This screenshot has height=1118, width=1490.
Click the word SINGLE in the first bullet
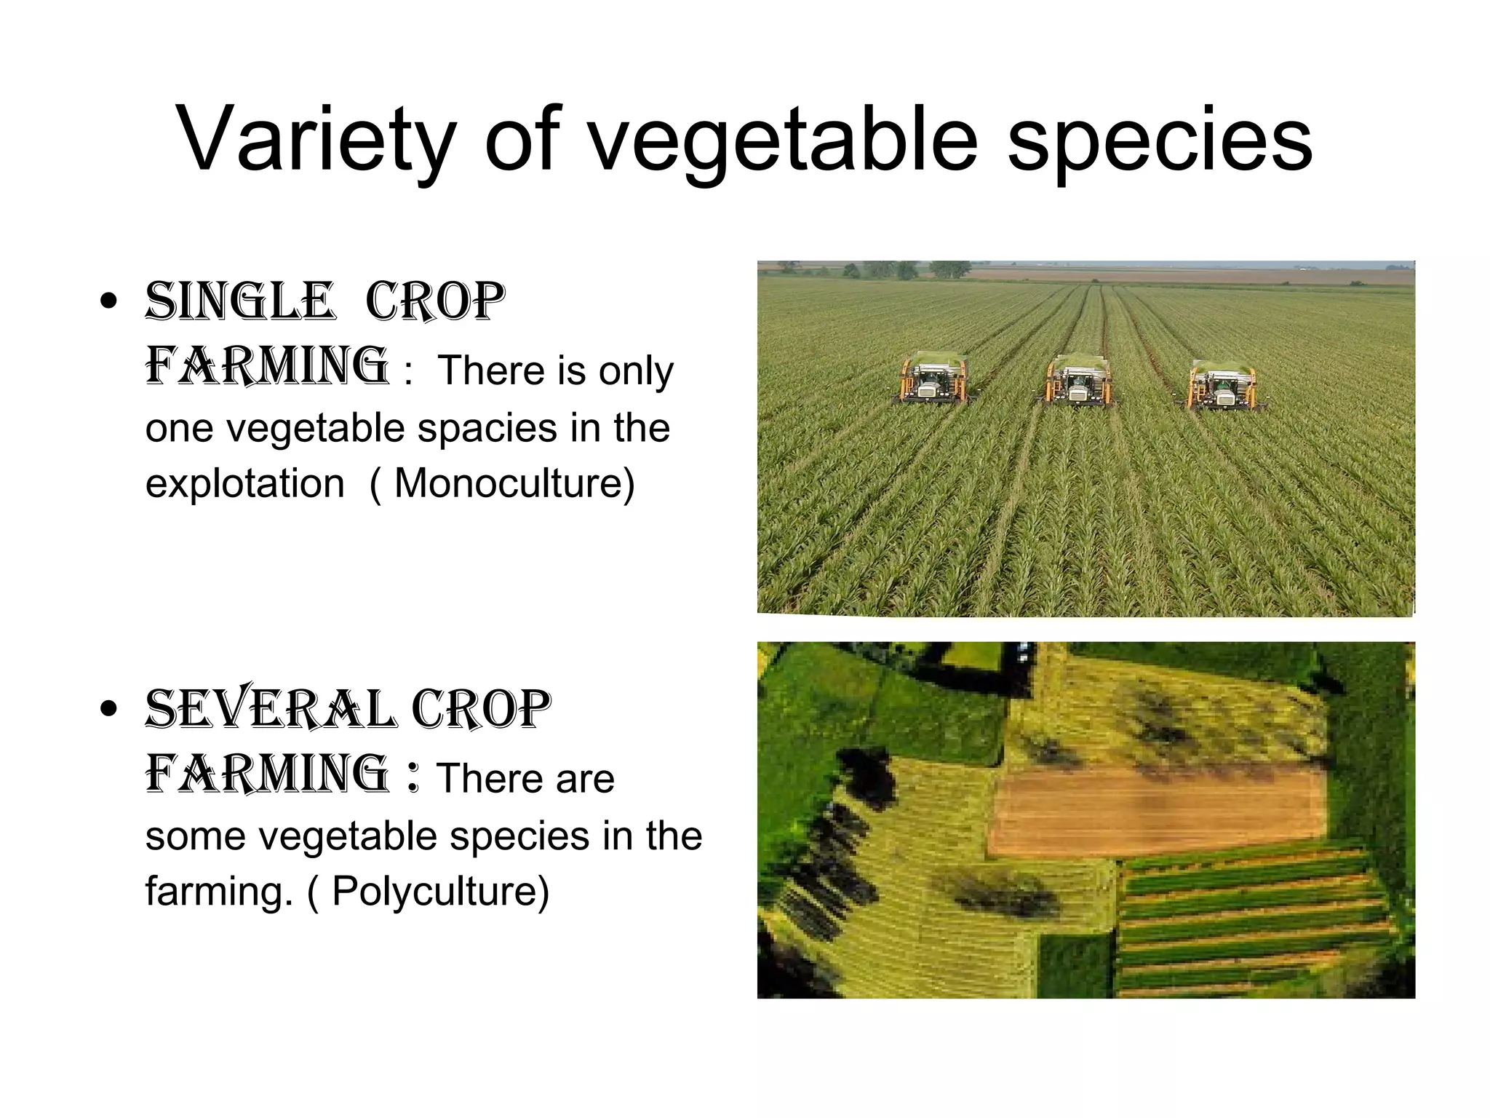[x=240, y=301]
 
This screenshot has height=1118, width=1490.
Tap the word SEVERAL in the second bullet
[x=271, y=709]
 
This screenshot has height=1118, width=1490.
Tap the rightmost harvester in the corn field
[x=1220, y=383]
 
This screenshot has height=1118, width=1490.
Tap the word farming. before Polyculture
[x=218, y=890]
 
